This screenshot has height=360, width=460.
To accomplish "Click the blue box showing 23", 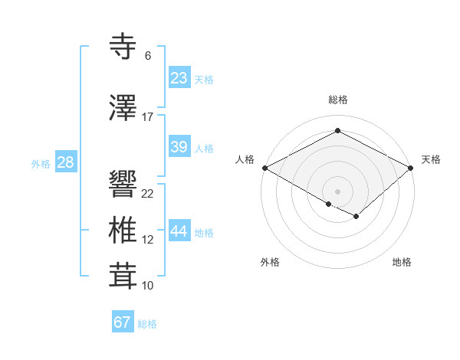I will [x=179, y=77].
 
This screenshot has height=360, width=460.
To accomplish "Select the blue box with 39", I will [x=179, y=147].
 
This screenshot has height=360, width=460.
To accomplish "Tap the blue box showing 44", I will [x=179, y=231].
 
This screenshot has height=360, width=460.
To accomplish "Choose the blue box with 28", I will [x=65, y=162].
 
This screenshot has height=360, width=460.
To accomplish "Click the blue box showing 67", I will [x=122, y=322].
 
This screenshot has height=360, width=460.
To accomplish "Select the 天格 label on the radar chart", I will [x=431, y=159].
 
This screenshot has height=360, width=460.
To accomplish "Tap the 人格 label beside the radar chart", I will [x=245, y=159].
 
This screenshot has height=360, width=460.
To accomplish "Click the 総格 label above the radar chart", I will [x=337, y=100].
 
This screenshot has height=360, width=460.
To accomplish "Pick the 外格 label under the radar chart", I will [x=270, y=262].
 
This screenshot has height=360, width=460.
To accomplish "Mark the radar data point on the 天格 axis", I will [x=412, y=168].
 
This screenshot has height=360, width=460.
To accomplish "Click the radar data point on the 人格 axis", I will [x=264, y=168].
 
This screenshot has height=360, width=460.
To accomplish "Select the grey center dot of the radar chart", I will [x=337, y=190].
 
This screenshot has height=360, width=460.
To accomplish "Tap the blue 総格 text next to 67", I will [x=147, y=324].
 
